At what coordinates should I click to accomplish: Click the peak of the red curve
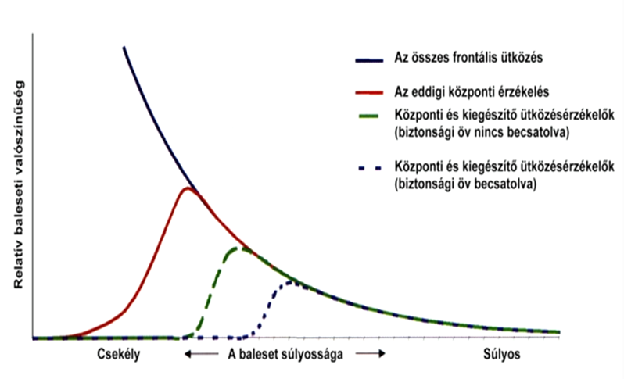tap(187, 188)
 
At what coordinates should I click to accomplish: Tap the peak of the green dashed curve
tap(236, 248)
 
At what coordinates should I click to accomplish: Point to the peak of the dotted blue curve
tap(290, 281)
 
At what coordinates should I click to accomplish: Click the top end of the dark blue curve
tap(124, 48)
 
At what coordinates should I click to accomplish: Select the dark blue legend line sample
tap(368, 59)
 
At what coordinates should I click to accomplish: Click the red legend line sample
tap(368, 91)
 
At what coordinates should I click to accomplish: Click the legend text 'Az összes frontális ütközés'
tap(468, 59)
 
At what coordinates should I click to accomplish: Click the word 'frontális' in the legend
tap(477, 59)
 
